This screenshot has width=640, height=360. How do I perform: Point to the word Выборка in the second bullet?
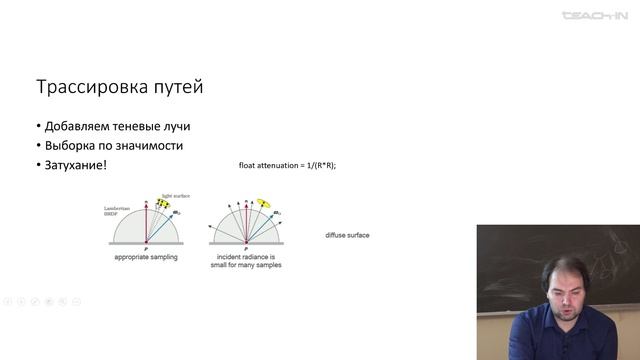click(70, 146)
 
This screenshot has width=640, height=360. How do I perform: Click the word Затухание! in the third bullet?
click(74, 164)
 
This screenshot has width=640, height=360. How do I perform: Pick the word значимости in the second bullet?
click(155, 146)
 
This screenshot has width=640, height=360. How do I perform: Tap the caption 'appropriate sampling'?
click(146, 258)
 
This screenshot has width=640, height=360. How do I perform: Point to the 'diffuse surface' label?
click(348, 237)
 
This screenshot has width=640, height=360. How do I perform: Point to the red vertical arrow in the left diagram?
click(146, 222)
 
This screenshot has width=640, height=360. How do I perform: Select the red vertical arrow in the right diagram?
click(241, 222)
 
